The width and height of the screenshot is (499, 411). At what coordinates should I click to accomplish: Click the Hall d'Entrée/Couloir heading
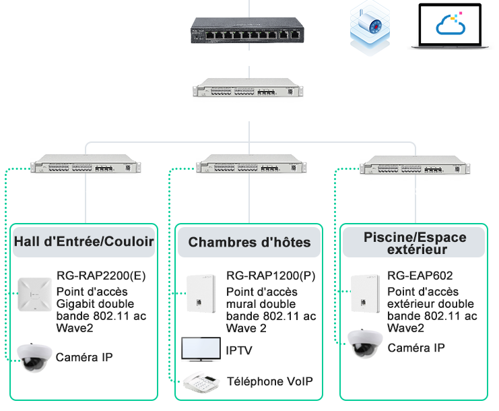84,242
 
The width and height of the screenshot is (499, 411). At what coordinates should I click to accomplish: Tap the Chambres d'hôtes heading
249,243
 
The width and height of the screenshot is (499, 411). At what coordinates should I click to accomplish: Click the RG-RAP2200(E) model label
101,276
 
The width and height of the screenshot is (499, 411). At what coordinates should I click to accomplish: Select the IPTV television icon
201,349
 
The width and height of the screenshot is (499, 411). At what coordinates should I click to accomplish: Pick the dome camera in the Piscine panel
365,344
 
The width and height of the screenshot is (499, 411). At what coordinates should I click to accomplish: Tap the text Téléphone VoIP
270,381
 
